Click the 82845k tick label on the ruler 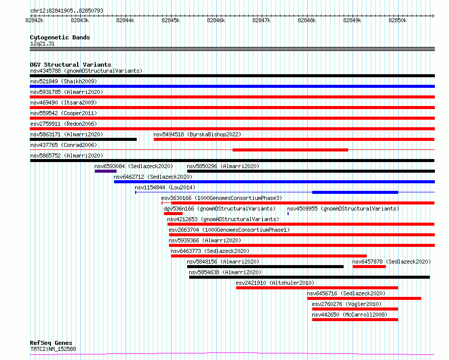pos(171,20)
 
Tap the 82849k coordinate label pos(352,20)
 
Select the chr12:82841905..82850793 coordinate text pos(67,11)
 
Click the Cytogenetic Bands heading pos(60,37)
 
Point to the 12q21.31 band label pos(42,43)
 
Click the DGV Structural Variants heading pos(71,65)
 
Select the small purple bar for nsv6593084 pos(105,171)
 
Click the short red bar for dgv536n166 pos(173,214)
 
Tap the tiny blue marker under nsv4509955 pos(288,214)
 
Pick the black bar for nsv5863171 pos(83,139)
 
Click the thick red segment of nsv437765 pos(291,150)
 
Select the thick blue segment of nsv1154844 pos(355,192)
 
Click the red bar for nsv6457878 pos(369,267)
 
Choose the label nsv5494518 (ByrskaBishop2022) pos(197,134)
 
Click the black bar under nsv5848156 pos(265,267)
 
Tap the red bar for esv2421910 pos(317,288)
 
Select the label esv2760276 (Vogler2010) pos(347,304)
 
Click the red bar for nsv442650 pos(355,320)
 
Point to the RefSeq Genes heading pos(51,343)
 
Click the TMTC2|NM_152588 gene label pos(53,349)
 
